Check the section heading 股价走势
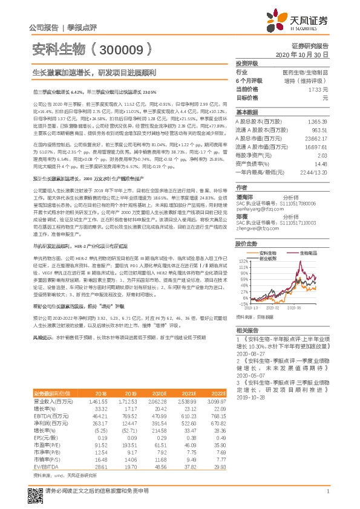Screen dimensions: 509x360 [247, 228]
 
